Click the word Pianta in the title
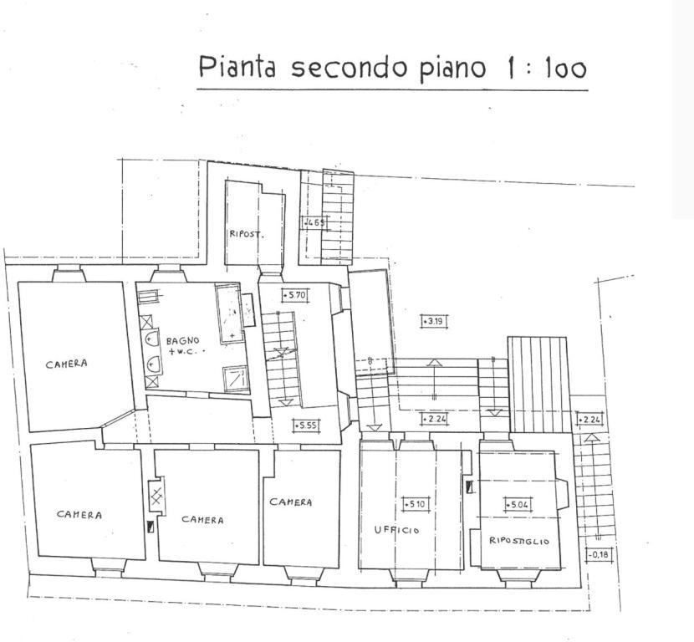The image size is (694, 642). (x=237, y=67)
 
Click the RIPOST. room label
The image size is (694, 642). (x=247, y=235)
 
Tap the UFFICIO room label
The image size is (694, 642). (x=396, y=530)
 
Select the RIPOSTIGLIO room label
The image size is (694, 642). (x=518, y=542)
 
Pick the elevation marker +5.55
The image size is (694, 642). (x=306, y=425)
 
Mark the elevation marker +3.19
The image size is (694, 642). (x=432, y=321)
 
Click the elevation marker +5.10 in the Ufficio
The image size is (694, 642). (x=415, y=504)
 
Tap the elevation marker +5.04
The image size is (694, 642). (x=518, y=504)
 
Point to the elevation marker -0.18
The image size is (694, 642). (x=597, y=554)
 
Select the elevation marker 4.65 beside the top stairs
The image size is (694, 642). (x=314, y=222)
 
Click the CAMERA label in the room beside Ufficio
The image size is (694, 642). (x=291, y=502)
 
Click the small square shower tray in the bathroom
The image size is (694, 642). (x=236, y=379)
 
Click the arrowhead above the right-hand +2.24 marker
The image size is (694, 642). (x=591, y=436)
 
